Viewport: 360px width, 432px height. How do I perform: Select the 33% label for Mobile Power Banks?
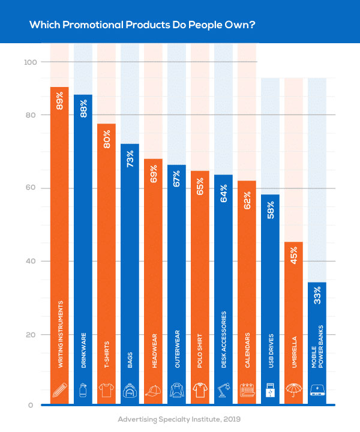(x=317, y=297)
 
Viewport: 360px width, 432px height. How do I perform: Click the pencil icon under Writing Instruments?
(x=59, y=389)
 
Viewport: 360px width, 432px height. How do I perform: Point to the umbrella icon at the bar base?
(x=293, y=389)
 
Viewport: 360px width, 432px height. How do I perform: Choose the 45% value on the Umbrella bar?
(x=293, y=256)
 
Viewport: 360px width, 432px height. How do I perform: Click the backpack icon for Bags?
(x=130, y=389)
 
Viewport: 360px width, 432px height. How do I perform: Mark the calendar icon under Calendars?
(x=247, y=389)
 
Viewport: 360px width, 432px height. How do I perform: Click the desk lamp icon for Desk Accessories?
(x=223, y=389)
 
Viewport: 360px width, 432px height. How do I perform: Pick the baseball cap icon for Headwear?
(x=153, y=389)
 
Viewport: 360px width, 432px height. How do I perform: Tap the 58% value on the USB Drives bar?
(x=270, y=209)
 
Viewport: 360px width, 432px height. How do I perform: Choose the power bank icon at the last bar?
(x=317, y=389)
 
